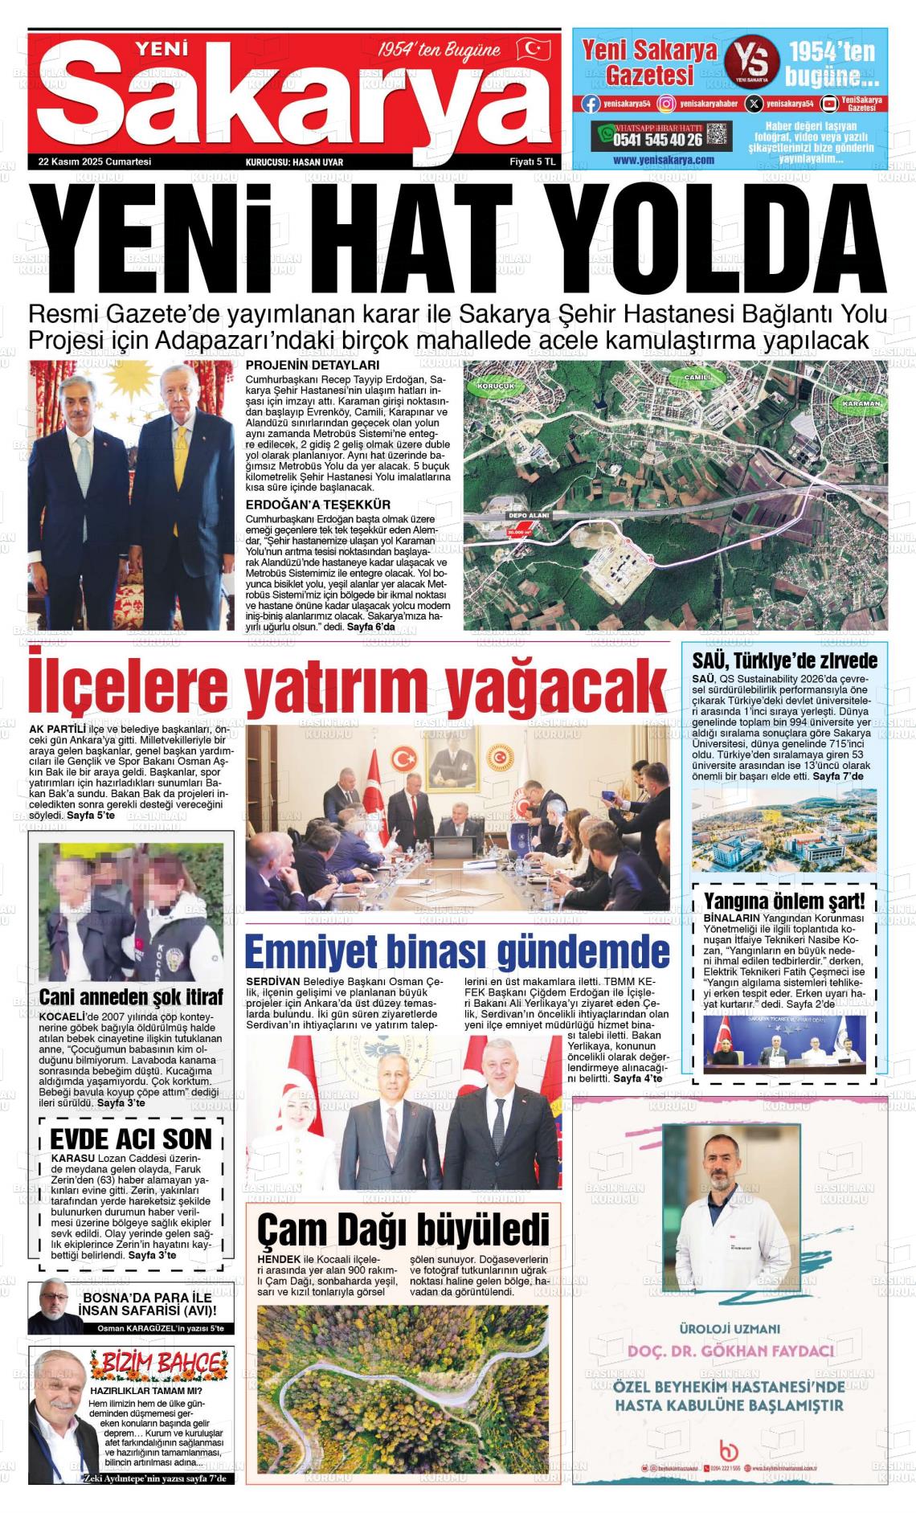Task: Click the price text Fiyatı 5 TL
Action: tap(533, 162)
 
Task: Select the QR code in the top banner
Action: tap(718, 134)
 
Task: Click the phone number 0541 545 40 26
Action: tap(658, 140)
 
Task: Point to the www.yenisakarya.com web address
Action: tap(663, 160)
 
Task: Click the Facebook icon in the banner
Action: tap(591, 104)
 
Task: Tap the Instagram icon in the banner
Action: tap(666, 104)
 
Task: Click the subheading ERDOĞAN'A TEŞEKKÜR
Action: tap(318, 505)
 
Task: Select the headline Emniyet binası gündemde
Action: tap(456, 952)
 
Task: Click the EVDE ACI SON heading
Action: tap(131, 1139)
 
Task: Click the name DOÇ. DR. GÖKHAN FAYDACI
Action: tap(730, 1350)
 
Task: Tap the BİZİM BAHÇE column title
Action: tap(156, 1363)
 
